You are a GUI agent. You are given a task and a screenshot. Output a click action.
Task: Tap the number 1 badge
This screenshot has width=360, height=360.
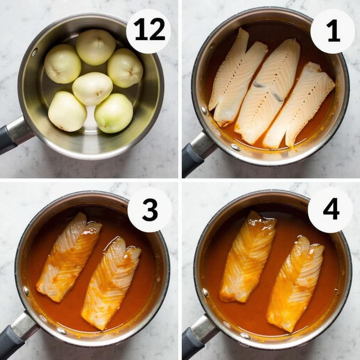[333, 31]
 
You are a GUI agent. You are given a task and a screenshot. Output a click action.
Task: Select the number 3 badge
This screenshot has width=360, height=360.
[150, 210]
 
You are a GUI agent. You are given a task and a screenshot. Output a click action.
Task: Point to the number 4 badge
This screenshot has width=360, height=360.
[330, 210]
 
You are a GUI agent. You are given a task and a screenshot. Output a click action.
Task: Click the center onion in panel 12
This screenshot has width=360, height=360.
[92, 89]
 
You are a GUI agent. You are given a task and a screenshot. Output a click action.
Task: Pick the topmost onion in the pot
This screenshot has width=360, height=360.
[96, 47]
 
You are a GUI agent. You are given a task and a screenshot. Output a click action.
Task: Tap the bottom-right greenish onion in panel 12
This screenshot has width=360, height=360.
[114, 113]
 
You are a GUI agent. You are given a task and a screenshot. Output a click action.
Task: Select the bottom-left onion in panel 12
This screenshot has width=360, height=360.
[67, 111]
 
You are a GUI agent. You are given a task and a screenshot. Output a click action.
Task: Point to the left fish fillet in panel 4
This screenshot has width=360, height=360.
[247, 257]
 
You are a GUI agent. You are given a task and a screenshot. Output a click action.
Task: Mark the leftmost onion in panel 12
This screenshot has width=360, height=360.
[63, 64]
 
